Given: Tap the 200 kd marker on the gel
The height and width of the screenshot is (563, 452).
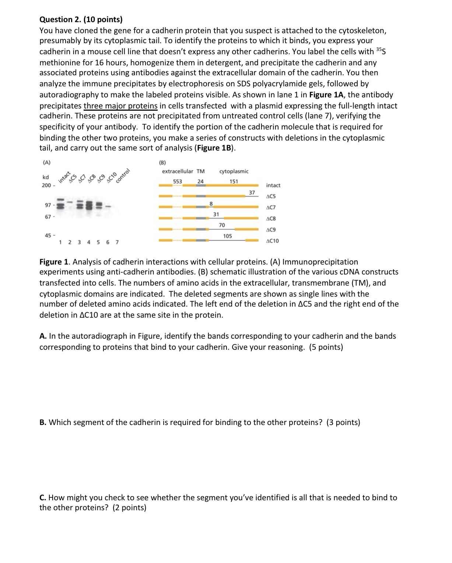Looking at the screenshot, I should pos(46,185).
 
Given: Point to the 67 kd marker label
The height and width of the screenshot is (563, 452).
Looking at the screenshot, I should pos(48,217).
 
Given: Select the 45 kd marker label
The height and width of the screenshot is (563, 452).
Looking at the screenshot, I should pos(48,235).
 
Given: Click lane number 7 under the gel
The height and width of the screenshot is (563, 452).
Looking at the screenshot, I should pos(117,242).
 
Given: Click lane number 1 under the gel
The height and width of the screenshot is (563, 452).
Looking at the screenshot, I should pos(60,242).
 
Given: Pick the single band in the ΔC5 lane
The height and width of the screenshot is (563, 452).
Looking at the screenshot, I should pos(70,202).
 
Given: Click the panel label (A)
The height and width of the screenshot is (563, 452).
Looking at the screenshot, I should pos(47,162).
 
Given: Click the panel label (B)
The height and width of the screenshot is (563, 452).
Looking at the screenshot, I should pos(162,162).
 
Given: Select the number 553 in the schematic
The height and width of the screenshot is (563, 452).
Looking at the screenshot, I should pos(178,181).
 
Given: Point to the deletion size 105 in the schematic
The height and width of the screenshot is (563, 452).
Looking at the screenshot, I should pos(227,236).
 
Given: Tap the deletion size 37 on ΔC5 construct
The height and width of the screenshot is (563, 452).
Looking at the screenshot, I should pos(252,192).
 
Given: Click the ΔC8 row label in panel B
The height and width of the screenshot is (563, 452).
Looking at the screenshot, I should pos(271,219).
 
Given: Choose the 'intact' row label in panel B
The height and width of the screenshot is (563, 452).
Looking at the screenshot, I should pos(273,185).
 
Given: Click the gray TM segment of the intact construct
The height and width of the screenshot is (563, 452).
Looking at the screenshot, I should pos(200,186).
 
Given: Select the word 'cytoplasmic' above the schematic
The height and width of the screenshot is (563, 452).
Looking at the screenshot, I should pos(234,171).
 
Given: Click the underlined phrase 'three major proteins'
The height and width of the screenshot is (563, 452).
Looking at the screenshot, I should pos(120,106).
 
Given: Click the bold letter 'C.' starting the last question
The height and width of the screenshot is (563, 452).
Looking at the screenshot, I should pos(43,498).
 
